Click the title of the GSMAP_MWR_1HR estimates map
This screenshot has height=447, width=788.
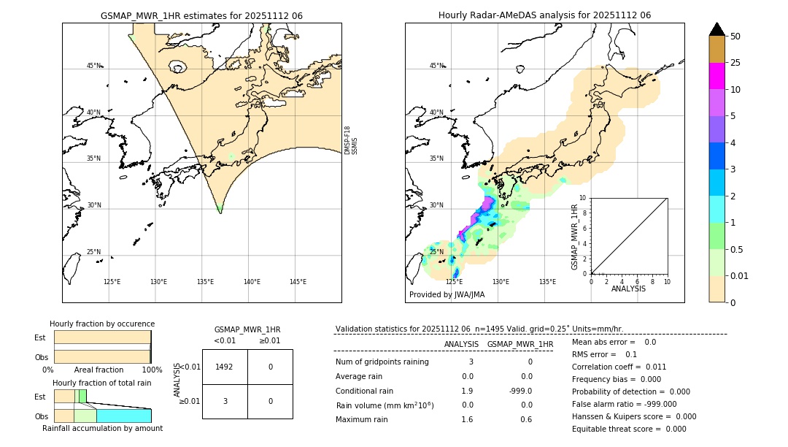(x=201, y=15)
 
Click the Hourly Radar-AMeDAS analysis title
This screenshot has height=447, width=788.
(x=544, y=15)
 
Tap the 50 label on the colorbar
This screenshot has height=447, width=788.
(x=735, y=36)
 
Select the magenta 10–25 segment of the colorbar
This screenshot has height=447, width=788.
(x=716, y=76)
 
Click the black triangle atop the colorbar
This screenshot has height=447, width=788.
(x=716, y=29)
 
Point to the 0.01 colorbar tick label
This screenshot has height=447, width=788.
(x=740, y=275)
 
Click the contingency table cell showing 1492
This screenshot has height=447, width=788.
(x=224, y=367)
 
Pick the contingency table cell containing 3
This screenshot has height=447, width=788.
(x=224, y=401)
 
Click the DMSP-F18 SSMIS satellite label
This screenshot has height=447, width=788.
(x=351, y=140)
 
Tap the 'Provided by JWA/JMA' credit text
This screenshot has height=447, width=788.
(x=447, y=294)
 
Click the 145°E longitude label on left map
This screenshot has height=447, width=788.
(x=298, y=282)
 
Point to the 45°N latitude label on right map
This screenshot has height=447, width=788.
(x=436, y=66)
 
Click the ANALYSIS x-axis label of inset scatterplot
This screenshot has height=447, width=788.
(x=628, y=289)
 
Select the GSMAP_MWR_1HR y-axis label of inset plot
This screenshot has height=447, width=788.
(x=575, y=237)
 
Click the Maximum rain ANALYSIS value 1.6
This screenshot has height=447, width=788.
(x=467, y=419)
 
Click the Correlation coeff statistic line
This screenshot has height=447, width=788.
(x=619, y=367)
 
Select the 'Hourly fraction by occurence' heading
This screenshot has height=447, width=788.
(x=102, y=324)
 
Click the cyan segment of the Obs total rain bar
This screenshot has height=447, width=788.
(x=123, y=415)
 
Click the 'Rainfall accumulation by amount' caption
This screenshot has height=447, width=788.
(x=102, y=428)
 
